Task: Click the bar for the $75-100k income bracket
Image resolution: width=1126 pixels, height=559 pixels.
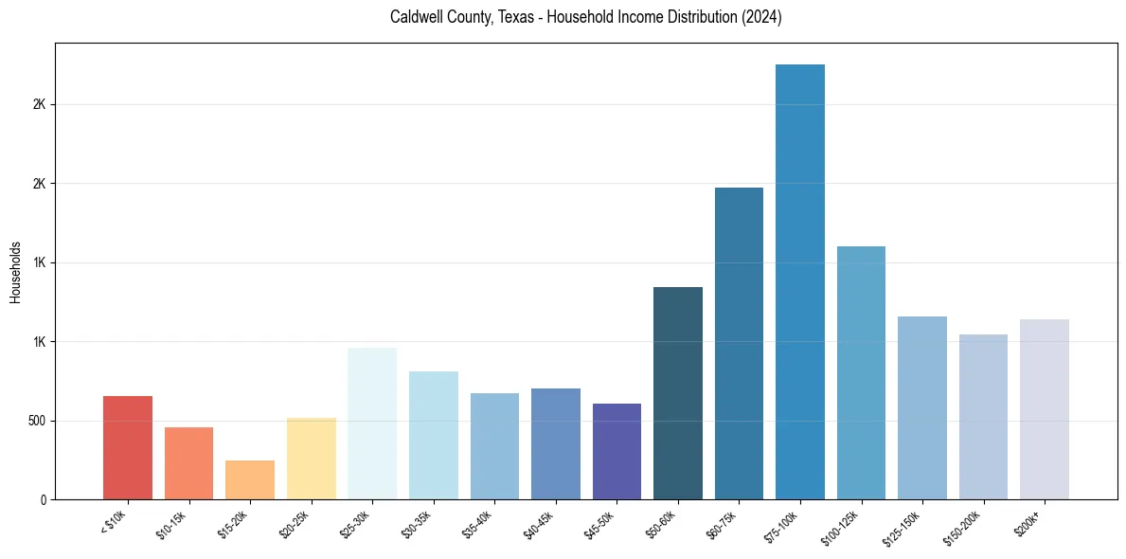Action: tap(800, 281)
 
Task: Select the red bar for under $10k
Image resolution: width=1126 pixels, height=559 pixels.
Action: tap(128, 447)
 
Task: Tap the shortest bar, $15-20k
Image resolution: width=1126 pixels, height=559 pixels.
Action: tap(250, 479)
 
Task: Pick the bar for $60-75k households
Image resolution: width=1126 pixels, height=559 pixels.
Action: tap(739, 343)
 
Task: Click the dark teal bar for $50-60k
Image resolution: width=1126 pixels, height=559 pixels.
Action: tap(678, 393)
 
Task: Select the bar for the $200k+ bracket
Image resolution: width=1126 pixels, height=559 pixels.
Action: tap(1045, 409)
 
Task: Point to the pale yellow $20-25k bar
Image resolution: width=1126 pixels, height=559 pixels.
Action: tap(312, 459)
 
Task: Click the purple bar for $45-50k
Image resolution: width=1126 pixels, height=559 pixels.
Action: tap(617, 451)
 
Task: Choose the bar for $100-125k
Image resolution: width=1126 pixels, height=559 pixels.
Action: tap(861, 372)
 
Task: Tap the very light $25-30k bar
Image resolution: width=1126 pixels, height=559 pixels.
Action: tap(372, 424)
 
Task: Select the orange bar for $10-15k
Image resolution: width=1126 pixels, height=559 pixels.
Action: tap(188, 463)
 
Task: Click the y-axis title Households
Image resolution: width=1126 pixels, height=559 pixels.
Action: tap(16, 271)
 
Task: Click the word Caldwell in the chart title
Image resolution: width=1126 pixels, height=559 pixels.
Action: tap(415, 18)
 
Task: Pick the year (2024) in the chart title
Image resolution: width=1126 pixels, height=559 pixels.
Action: tap(762, 18)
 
